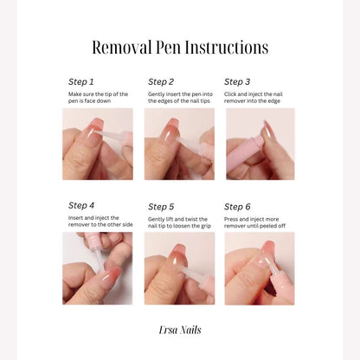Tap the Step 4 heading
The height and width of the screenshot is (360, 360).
[81, 206]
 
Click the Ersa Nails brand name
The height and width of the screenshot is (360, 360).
[180, 330]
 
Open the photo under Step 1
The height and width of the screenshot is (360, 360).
[98, 144]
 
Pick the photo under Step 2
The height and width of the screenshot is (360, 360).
[179, 144]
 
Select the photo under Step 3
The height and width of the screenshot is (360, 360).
[260, 144]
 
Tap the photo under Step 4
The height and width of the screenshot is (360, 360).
[98, 268]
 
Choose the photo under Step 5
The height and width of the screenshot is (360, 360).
[179, 268]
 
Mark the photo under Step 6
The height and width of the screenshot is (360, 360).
[260, 268]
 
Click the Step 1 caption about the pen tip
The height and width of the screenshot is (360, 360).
[98, 98]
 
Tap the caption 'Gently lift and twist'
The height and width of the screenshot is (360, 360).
[179, 222]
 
